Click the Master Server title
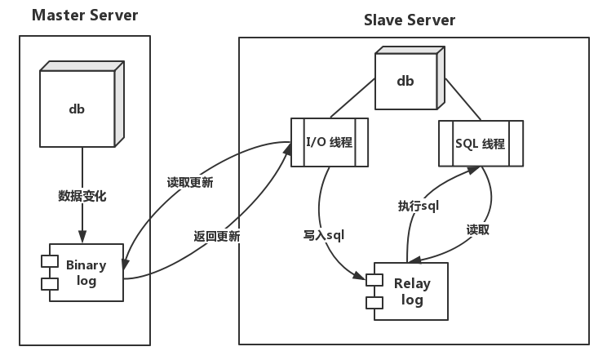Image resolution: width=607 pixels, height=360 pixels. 85,16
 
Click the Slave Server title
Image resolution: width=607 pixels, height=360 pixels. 410,20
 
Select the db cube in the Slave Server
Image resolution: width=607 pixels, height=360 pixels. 405,80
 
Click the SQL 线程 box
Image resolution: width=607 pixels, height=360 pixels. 480,144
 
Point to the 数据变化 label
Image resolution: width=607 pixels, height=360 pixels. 82,196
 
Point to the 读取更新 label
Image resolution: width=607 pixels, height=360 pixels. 190,183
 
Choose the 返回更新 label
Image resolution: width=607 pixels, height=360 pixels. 216,237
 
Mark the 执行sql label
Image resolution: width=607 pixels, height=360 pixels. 419,206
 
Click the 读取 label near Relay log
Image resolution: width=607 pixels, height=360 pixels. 478,229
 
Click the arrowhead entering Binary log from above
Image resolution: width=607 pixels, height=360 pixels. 82,237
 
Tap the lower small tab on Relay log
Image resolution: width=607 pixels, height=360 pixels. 375,302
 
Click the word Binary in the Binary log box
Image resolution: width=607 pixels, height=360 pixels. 86,265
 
